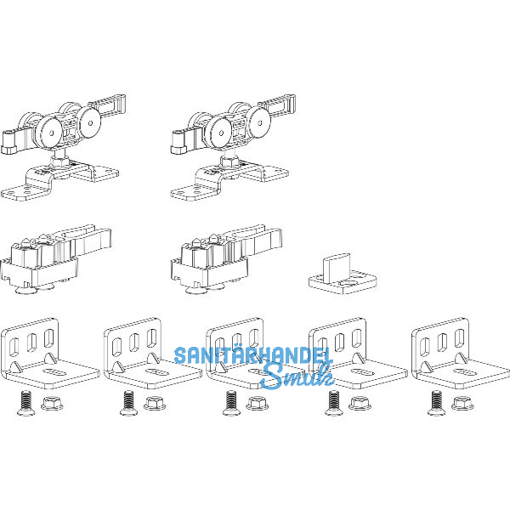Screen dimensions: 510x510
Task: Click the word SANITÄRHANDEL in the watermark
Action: pyautogui.click(x=253, y=355)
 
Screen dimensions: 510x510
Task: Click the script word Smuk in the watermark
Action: pyautogui.click(x=297, y=376)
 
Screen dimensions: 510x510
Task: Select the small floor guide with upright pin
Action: pyautogui.click(x=343, y=275)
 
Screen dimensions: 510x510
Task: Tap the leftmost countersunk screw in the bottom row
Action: pyautogui.click(x=25, y=403)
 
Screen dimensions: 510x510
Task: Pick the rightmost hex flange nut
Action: pyautogui.click(x=462, y=403)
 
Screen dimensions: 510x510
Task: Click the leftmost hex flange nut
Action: pyautogui.click(x=52, y=403)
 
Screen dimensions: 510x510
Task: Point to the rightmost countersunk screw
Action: pyautogui.click(x=437, y=403)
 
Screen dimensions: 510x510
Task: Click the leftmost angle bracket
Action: pyautogui.click(x=48, y=354)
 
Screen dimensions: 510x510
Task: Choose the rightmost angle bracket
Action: pyautogui.click(x=460, y=354)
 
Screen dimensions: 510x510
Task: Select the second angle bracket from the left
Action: pyautogui.click(x=152, y=354)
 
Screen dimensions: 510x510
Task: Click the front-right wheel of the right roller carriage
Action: pyautogui.click(x=260, y=122)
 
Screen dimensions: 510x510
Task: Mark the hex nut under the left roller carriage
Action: pyautogui.click(x=59, y=161)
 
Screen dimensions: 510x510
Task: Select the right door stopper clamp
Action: pyautogui.click(x=225, y=259)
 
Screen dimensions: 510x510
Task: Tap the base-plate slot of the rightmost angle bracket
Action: pyautogui.click(x=464, y=371)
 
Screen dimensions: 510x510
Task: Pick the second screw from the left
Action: pyautogui.click(x=128, y=403)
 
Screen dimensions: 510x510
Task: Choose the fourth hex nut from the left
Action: pyautogui.click(x=360, y=403)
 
